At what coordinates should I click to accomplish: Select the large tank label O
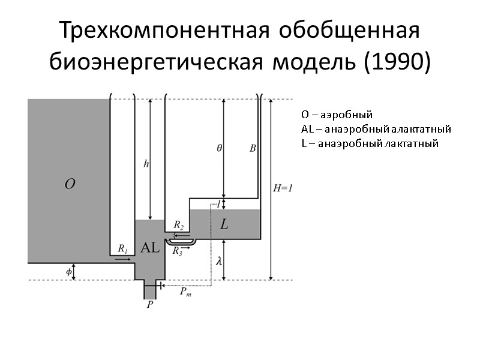[70, 184]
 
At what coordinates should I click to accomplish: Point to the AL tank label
[149, 247]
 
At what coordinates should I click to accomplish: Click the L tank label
[224, 225]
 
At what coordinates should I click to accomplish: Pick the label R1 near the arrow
[122, 248]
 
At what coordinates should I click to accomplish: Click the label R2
[178, 225]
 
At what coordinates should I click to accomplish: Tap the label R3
[178, 252]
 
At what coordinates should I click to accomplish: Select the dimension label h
[146, 163]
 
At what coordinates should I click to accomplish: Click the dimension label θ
[220, 148]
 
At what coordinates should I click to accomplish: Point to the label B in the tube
[253, 148]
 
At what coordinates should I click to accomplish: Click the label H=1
[283, 188]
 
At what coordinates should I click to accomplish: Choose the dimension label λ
[219, 261]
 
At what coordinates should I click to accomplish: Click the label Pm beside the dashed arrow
[187, 292]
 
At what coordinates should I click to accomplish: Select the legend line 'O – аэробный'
[337, 114]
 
